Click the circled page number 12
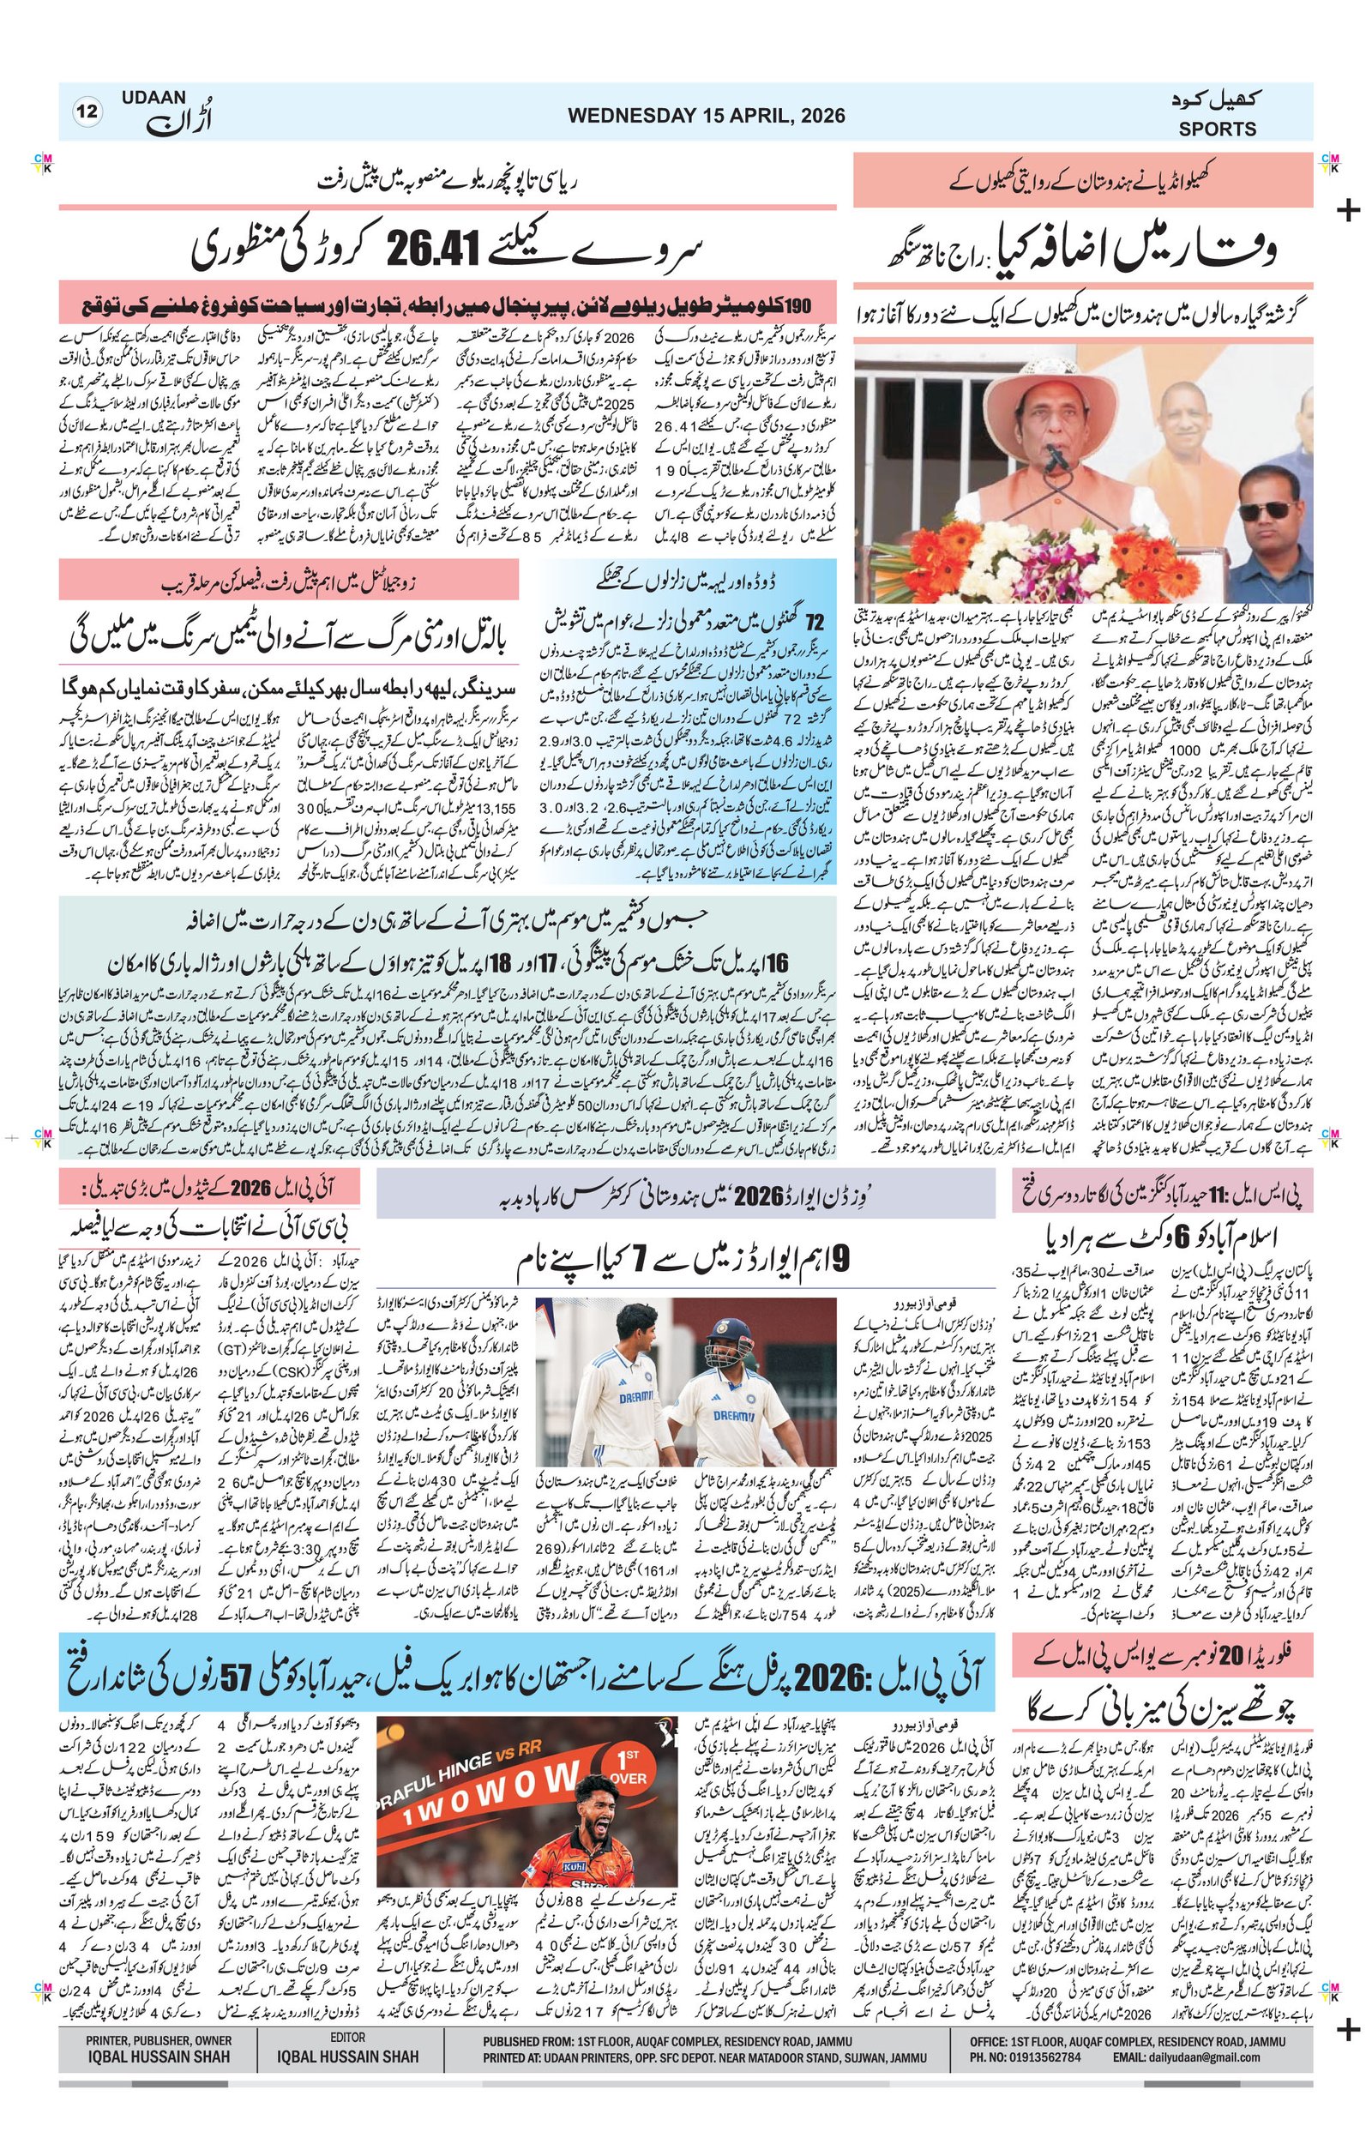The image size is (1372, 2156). (x=89, y=113)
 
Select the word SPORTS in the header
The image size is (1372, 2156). (x=1217, y=129)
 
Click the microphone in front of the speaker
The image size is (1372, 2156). (x=1057, y=459)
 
